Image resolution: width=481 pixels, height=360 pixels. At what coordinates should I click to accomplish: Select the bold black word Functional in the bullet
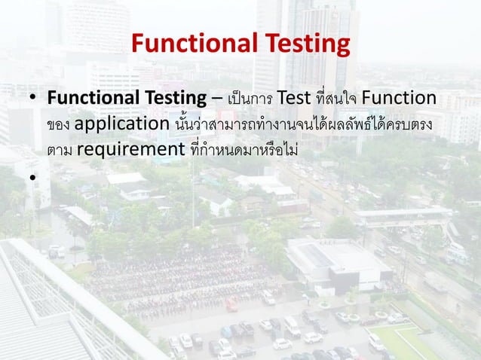(x=91, y=99)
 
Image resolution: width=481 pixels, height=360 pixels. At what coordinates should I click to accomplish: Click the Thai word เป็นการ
(x=249, y=99)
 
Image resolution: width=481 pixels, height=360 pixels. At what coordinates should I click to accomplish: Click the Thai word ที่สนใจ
(x=336, y=99)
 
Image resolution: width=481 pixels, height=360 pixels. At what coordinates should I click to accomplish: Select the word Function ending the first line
(x=399, y=99)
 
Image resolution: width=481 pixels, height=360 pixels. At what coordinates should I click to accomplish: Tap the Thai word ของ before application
(x=58, y=125)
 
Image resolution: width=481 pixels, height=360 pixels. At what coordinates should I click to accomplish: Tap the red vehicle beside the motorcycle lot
(x=231, y=306)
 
